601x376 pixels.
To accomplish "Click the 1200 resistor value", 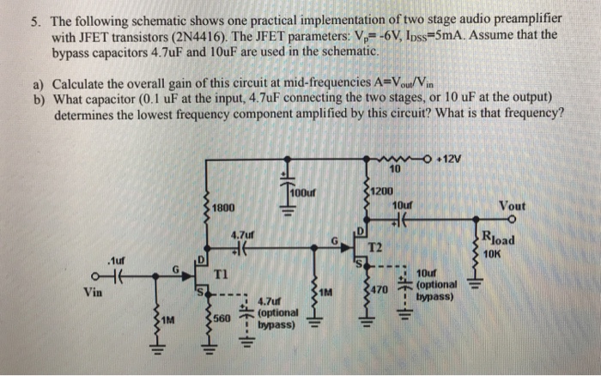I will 383,191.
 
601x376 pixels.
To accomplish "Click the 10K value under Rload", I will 499,253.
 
